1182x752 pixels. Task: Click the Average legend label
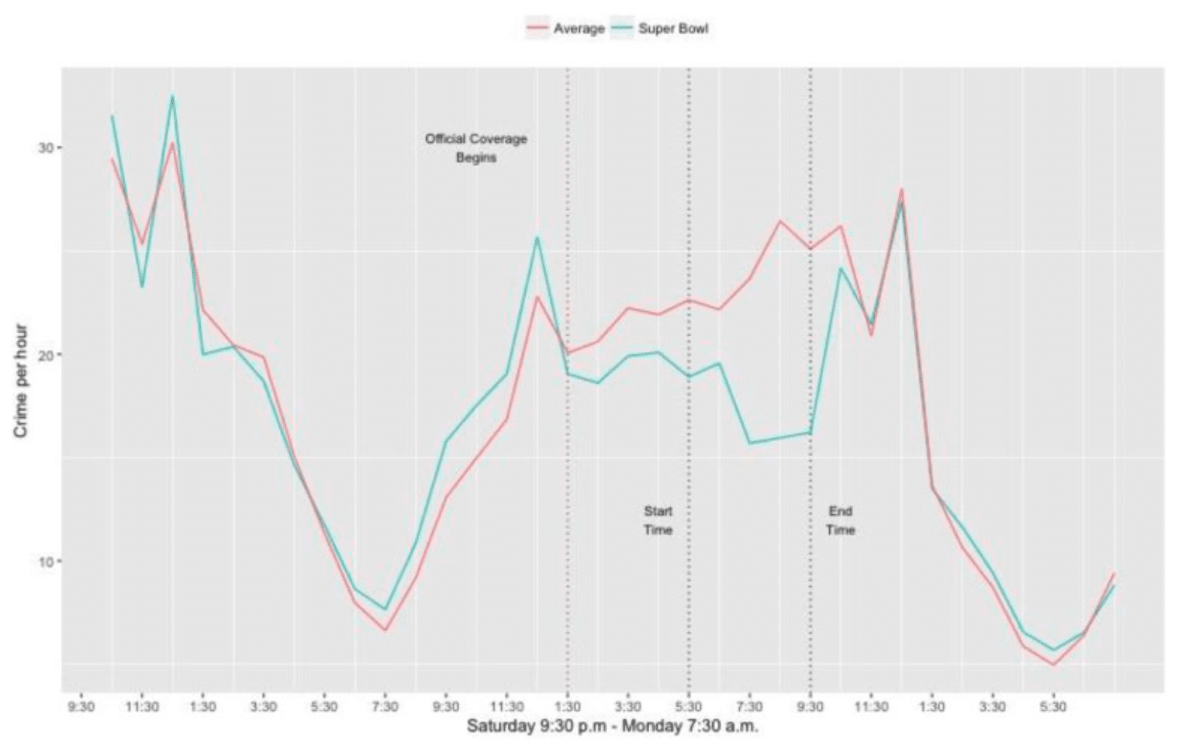click(579, 29)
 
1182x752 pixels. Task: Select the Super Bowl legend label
click(673, 29)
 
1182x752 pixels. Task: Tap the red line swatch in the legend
click(537, 29)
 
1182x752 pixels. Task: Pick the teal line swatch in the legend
click(622, 29)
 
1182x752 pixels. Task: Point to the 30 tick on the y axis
click(45, 147)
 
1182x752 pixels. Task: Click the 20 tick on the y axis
click(45, 354)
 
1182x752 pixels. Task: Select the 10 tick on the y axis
click(45, 561)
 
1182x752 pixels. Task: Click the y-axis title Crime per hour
click(21, 380)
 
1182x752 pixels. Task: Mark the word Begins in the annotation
click(475, 157)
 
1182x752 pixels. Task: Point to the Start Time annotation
click(658, 520)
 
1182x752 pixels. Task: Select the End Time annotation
click(840, 520)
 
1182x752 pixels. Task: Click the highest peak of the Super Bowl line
click(172, 96)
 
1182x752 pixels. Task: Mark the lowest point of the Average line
click(1053, 664)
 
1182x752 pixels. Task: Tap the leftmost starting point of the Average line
click(112, 159)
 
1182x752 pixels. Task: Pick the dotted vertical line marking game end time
click(810, 310)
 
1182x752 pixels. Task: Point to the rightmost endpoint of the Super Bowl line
click(1114, 586)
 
